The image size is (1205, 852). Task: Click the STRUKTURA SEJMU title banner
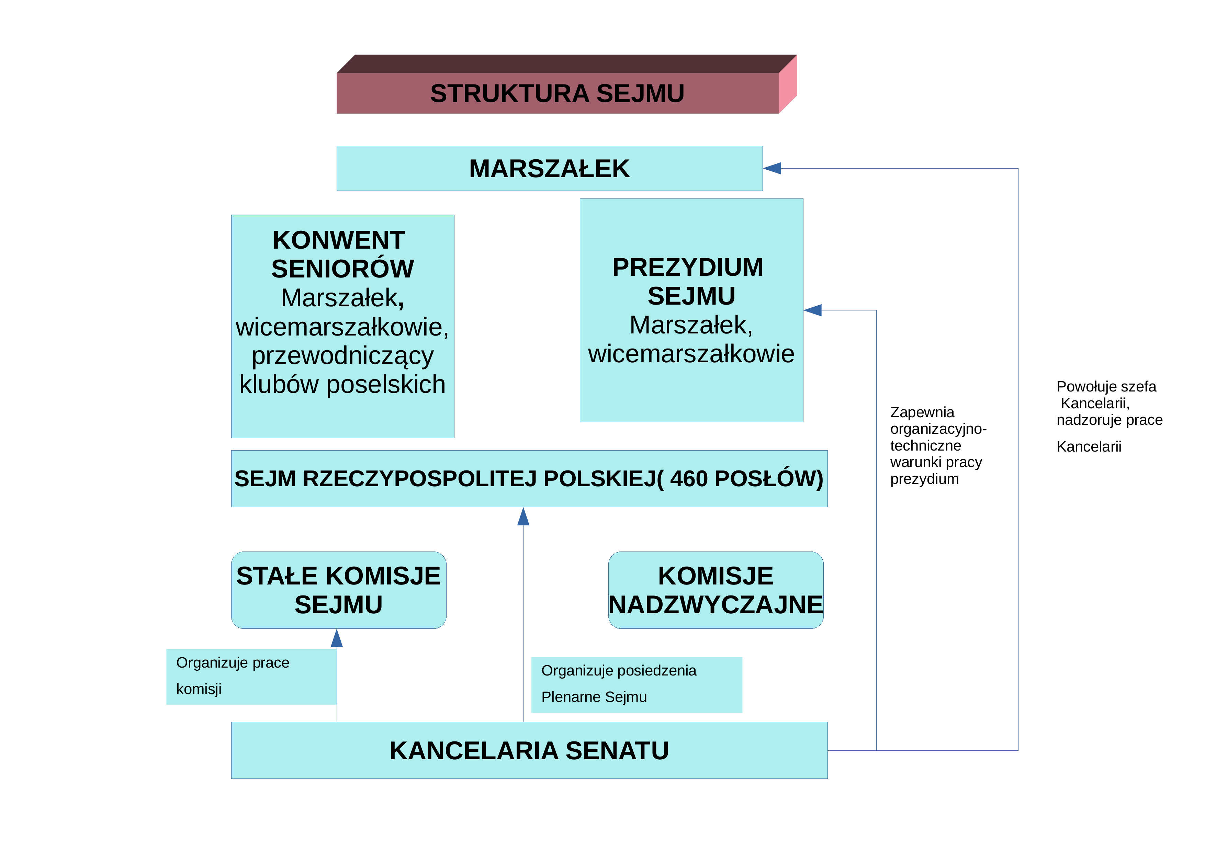tap(567, 84)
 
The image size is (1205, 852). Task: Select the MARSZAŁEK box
tap(550, 168)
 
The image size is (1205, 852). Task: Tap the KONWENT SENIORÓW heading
tap(342, 254)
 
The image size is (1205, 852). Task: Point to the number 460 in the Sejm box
tap(692, 478)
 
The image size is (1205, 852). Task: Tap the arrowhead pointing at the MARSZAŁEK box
tap(772, 168)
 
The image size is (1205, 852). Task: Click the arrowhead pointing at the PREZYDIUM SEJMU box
tap(812, 310)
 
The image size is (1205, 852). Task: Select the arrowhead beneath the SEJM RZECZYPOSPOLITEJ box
tap(523, 516)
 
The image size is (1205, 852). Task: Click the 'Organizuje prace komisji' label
tap(233, 676)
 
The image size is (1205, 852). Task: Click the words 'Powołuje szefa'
tap(1106, 387)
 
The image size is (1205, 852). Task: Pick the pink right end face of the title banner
tap(788, 84)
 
